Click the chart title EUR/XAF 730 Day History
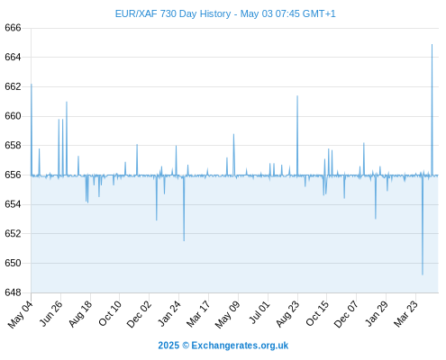point(173,13)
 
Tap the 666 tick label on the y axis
point(13,28)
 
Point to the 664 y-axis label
point(13,57)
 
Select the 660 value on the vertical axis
point(13,116)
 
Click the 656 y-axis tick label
point(13,175)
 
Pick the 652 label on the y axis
point(13,233)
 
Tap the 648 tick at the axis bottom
point(13,292)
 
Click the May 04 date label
point(20,314)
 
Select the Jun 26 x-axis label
point(51,313)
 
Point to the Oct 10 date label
point(110,313)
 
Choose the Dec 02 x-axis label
point(139,314)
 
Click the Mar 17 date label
point(198,314)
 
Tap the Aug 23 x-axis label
point(287,314)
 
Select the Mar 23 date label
point(405,314)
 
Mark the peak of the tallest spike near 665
point(432,45)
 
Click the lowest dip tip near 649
point(423,274)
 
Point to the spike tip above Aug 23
point(297,96)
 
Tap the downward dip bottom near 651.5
point(184,240)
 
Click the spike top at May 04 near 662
point(32,85)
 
